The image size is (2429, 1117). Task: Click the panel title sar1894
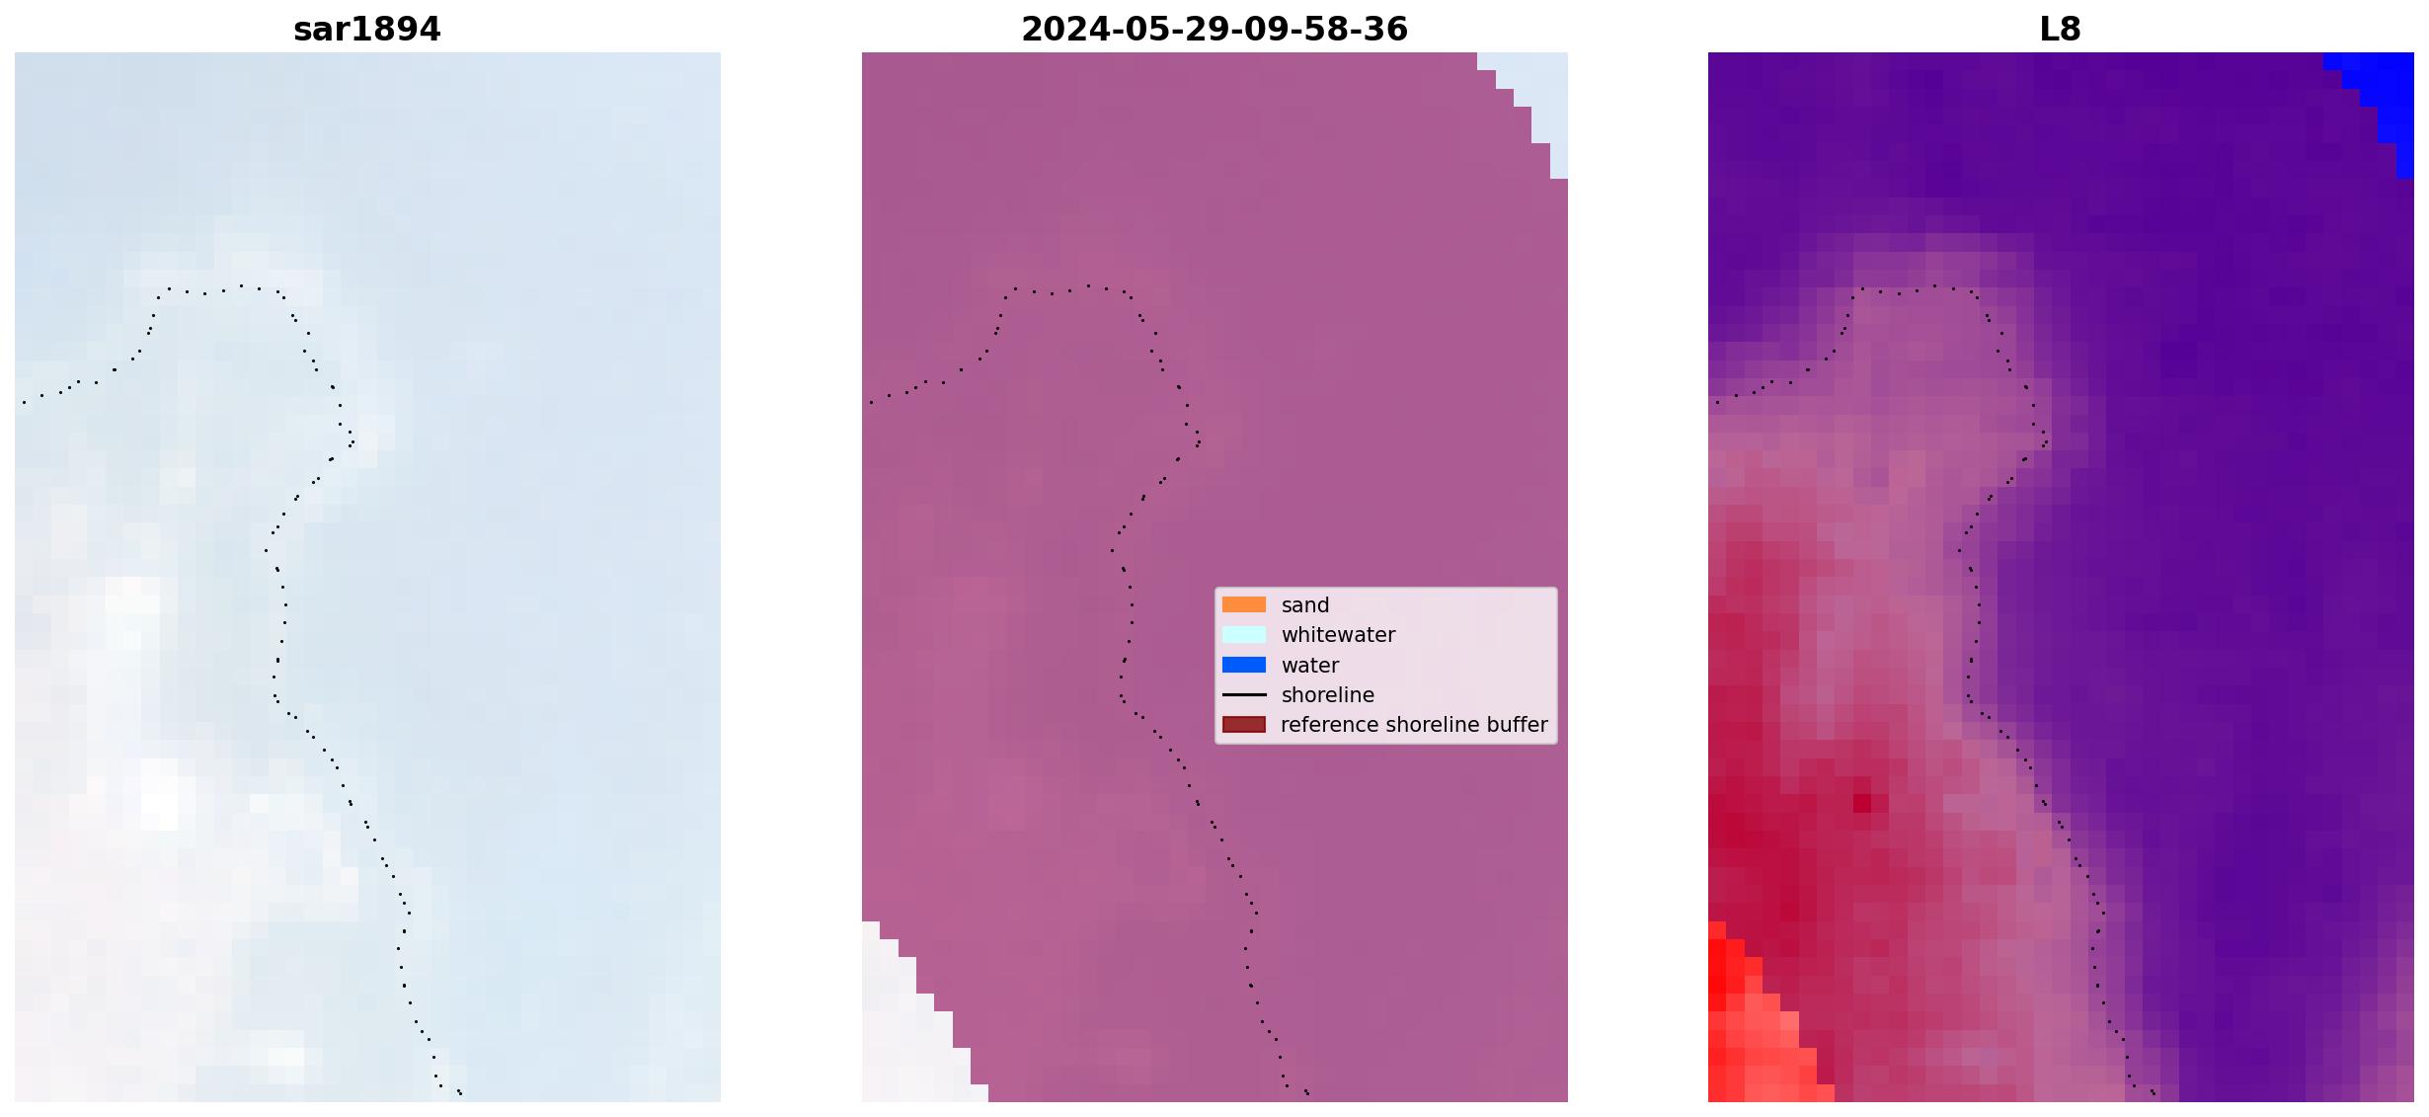pyautogui.click(x=366, y=30)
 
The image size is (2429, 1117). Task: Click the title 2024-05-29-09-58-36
pyautogui.click(x=1214, y=30)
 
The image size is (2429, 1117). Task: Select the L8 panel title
pyautogui.click(x=2060, y=30)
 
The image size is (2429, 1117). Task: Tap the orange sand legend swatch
pyautogui.click(x=1243, y=604)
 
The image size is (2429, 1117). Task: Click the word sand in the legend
pyautogui.click(x=1304, y=605)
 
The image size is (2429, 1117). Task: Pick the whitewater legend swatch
pyautogui.click(x=1243, y=634)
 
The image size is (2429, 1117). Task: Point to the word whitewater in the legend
pyautogui.click(x=1338, y=635)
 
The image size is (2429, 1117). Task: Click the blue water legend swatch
pyautogui.click(x=1243, y=665)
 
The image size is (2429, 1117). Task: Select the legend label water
pyautogui.click(x=1309, y=666)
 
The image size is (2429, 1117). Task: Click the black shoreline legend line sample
pyautogui.click(x=1243, y=694)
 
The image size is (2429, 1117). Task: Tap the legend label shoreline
pyautogui.click(x=1327, y=695)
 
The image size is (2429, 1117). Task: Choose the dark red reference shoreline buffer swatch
pyautogui.click(x=1243, y=724)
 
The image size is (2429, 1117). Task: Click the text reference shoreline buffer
pyautogui.click(x=1414, y=725)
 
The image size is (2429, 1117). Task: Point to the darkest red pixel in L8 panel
pyautogui.click(x=1861, y=803)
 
